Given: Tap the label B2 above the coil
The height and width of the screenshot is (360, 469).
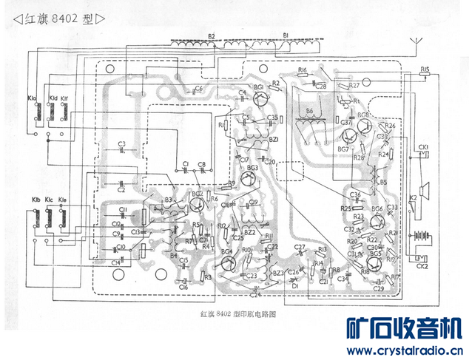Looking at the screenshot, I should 212,35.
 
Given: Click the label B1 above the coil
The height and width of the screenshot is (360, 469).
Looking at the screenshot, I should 286,35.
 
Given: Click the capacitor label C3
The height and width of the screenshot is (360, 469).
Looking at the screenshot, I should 121,143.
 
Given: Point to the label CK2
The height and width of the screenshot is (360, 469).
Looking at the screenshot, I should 422,265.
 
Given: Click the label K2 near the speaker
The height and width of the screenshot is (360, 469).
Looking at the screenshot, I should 414,198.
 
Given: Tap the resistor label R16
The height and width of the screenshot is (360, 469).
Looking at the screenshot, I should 302,69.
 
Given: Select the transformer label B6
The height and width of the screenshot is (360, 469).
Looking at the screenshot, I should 309,110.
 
